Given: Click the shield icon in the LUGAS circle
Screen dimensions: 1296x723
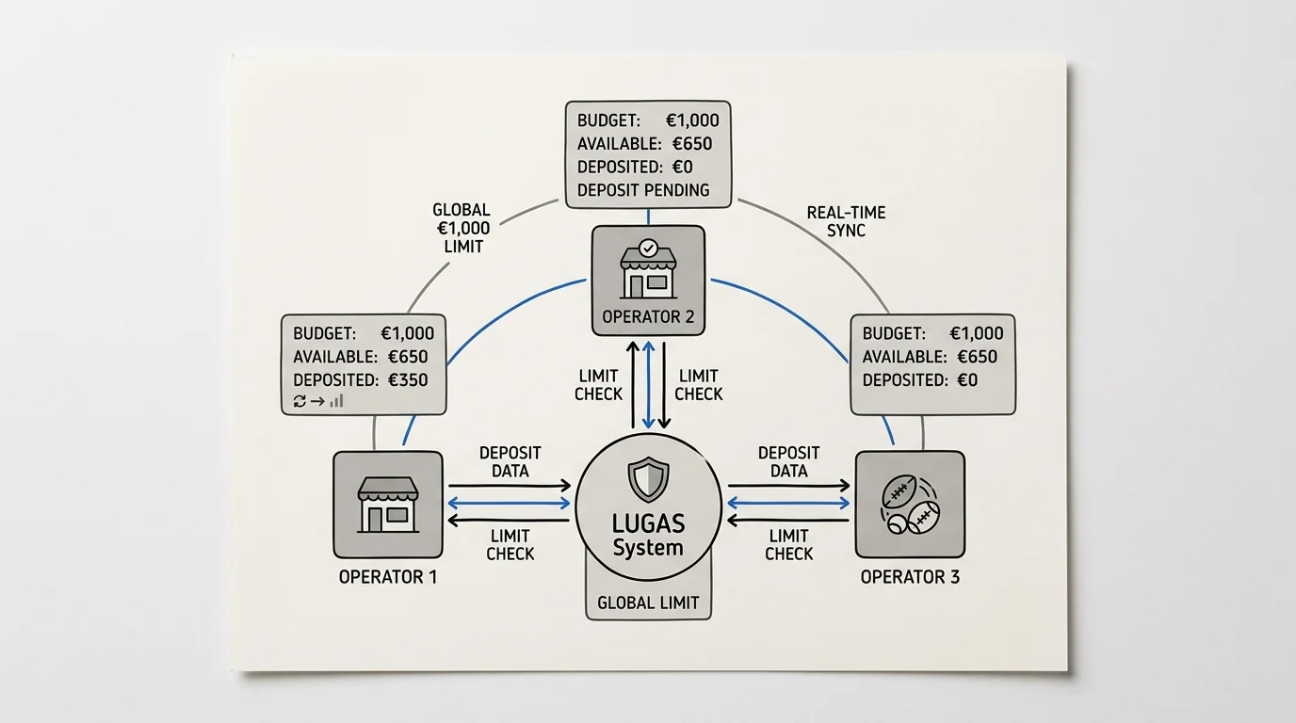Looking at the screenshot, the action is click(648, 479).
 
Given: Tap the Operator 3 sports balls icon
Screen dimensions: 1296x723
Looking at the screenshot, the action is click(910, 505).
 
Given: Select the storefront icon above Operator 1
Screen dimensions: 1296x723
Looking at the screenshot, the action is click(388, 505).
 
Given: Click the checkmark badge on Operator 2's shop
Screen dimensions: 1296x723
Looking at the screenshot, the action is click(648, 249).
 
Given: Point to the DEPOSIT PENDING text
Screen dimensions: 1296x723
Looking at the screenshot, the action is click(643, 190).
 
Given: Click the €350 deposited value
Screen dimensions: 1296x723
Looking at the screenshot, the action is click(408, 380).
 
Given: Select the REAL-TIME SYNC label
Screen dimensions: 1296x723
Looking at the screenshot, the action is click(846, 221).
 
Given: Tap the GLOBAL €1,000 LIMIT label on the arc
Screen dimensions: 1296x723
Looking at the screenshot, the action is click(462, 228).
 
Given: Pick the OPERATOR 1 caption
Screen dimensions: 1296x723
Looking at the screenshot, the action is click(388, 577).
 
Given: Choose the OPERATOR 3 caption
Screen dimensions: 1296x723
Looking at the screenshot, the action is click(910, 577).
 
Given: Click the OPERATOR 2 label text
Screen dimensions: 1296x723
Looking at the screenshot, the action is click(648, 317).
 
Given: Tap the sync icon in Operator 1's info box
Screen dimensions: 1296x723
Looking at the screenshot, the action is click(300, 401).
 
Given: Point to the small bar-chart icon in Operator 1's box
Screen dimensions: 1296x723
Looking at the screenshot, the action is click(337, 400).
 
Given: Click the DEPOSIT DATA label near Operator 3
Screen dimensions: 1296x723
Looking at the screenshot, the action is click(788, 461).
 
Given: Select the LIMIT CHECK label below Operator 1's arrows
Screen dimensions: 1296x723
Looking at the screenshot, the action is click(510, 545).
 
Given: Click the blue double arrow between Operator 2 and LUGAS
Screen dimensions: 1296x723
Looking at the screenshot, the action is click(649, 385).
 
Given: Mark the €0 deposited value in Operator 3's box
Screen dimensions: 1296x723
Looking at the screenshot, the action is click(967, 380).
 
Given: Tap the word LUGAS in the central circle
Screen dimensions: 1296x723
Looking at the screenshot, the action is click(648, 524).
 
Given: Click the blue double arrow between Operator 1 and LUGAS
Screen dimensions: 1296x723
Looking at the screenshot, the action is click(510, 504).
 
